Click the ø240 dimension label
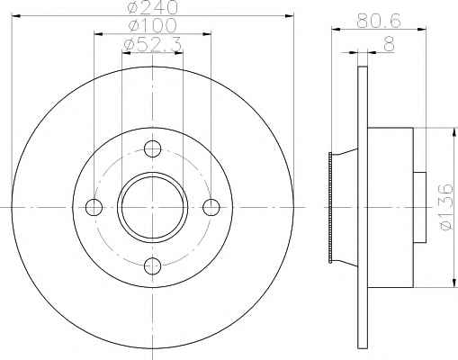tap(152, 7)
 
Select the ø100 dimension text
tap(152, 25)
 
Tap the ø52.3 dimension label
tap(152, 45)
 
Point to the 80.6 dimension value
tap(379, 22)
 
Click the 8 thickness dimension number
tap(389, 45)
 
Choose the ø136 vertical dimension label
tap(445, 207)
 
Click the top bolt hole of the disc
tap(153, 148)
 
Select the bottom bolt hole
tap(153, 265)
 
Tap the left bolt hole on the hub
tap(94, 207)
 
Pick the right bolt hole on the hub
tap(211, 207)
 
